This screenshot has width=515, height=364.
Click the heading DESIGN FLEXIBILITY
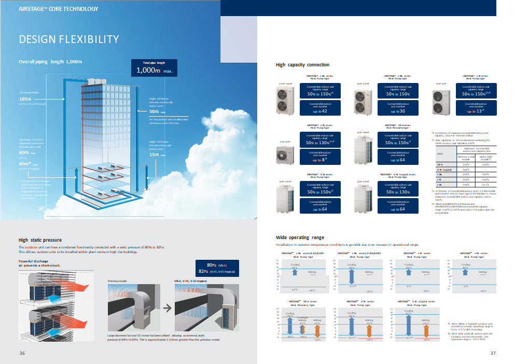tap(69, 39)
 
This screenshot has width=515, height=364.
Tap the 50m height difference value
tap(155, 111)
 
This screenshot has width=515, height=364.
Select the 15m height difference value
tap(155, 155)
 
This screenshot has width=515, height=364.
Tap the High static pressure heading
tap(40, 240)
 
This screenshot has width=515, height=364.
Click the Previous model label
tap(117, 281)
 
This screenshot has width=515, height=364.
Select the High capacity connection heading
tap(302, 65)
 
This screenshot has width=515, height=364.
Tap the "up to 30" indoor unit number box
tap(397, 108)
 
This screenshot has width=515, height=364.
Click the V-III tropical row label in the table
tap(442, 169)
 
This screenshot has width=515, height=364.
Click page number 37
tap(493, 354)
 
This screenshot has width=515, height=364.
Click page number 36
tap(22, 354)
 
